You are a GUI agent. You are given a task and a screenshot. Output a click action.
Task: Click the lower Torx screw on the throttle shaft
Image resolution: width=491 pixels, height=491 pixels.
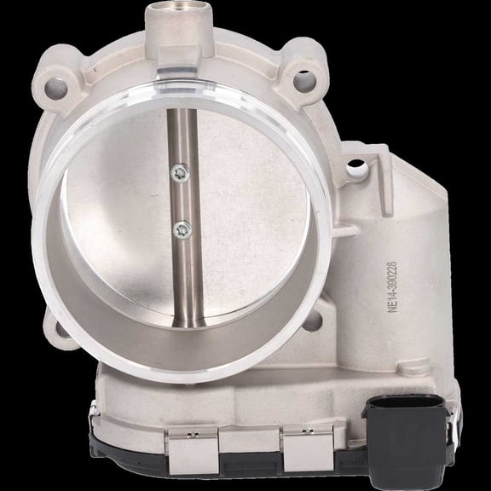180,228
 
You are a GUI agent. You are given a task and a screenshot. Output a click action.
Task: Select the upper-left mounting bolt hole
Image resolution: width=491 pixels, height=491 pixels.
56,85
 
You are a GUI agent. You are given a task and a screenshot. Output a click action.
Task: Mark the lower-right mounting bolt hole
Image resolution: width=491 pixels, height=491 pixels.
312,321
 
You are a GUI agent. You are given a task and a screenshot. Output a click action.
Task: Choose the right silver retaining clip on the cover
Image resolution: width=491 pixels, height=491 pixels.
305,449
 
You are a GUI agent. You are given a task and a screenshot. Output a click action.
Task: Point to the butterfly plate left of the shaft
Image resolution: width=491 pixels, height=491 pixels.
119,222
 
